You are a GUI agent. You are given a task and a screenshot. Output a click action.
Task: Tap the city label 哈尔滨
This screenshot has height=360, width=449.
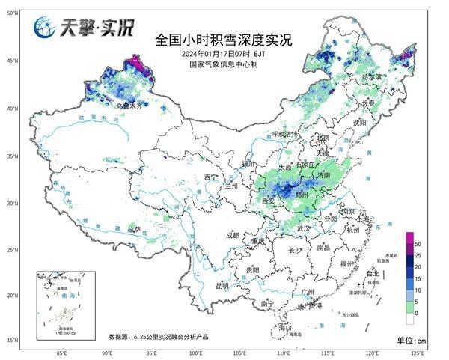pyautogui.click(x=371, y=76)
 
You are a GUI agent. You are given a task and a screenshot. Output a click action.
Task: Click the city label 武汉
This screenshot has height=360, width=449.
pyautogui.click(x=303, y=228)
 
